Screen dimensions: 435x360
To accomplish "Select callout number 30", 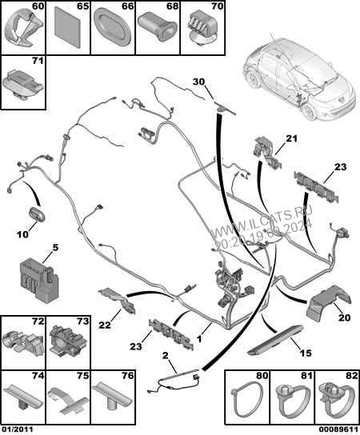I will [x=199, y=81].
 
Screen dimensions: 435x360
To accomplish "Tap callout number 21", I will [x=291, y=139].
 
